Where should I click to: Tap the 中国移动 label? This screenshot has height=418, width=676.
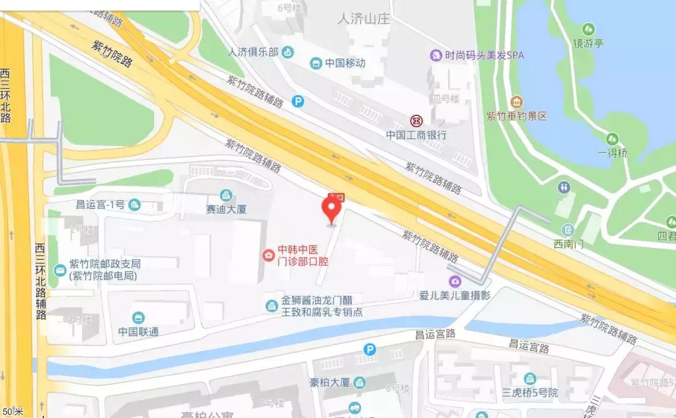point(346,63)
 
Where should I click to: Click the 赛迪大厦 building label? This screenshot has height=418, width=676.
point(227,209)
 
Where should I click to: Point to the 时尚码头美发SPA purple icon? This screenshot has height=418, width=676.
point(436,55)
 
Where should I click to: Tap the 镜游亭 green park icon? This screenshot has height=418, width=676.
point(588,29)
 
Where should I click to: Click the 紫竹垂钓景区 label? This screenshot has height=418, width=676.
point(517,116)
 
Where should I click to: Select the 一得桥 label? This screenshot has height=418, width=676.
point(612,153)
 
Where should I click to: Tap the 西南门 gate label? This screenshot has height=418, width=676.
point(568,244)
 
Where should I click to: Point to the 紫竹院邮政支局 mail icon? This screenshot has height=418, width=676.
point(61,271)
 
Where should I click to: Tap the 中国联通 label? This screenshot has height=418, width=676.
point(138,332)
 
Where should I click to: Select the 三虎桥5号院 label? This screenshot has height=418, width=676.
point(531,394)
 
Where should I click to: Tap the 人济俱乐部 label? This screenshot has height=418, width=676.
point(253,52)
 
